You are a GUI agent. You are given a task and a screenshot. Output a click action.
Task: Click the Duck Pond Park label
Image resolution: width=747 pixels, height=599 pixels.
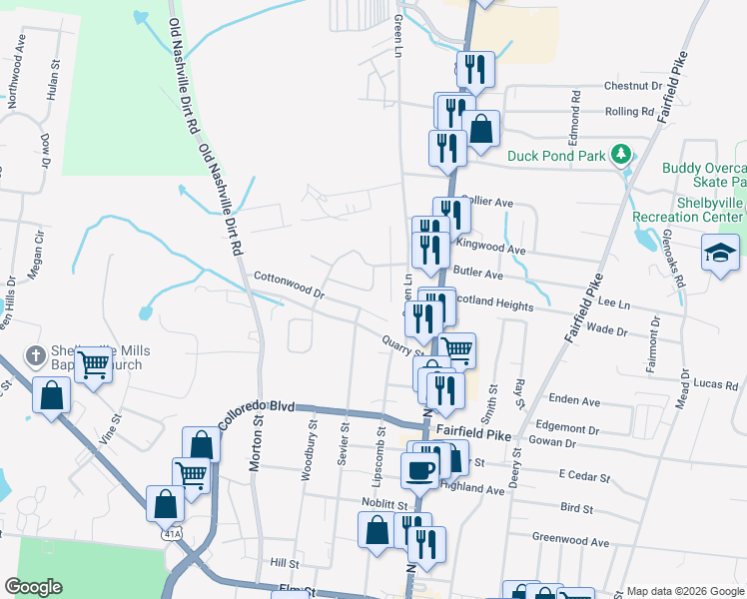(556, 155)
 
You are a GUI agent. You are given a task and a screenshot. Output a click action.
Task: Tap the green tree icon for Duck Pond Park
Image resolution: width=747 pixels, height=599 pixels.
(621, 154)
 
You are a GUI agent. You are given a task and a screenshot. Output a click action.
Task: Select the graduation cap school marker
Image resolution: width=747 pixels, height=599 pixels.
(720, 253)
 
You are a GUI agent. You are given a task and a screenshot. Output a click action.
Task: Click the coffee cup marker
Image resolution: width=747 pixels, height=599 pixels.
(419, 469)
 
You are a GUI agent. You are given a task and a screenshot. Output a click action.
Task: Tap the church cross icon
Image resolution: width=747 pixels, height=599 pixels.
(34, 356)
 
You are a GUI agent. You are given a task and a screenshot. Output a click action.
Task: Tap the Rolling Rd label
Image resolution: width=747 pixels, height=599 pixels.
(629, 112)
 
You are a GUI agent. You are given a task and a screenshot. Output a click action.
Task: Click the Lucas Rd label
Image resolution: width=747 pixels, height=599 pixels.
(715, 384)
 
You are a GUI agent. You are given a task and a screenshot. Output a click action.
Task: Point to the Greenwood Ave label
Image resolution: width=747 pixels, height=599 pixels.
(570, 542)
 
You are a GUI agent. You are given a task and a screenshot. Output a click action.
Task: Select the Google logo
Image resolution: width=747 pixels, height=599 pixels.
(33, 587)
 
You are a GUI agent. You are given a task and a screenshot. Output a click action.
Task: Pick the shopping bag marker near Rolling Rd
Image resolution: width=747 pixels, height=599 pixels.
(481, 129)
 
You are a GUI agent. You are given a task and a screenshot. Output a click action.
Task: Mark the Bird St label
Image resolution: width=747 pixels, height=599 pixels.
(576, 508)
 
